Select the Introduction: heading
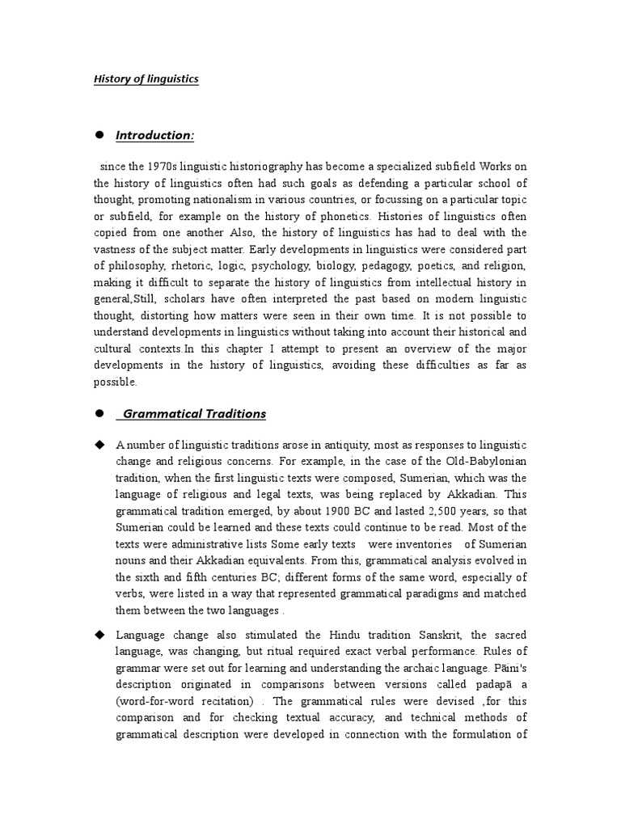point(154,135)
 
